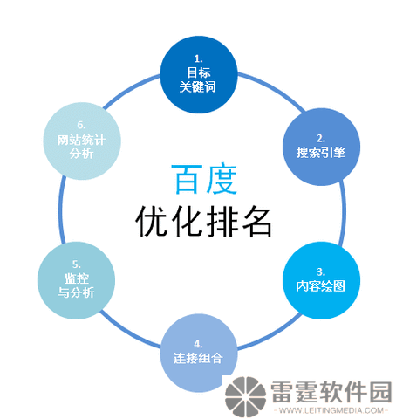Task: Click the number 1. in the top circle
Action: tap(198, 59)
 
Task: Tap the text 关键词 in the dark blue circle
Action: tap(198, 86)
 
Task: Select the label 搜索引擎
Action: tap(321, 153)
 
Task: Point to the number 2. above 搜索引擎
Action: tap(321, 139)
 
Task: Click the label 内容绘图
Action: tap(320, 286)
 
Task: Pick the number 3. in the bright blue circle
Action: tap(321, 272)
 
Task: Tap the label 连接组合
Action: tap(198, 358)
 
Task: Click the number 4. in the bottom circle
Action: tap(198, 344)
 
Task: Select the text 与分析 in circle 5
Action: tap(76, 292)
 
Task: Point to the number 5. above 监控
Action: tap(77, 264)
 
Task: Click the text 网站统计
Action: tap(81, 140)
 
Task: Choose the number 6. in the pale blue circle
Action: tap(81, 125)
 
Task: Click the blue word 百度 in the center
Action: tap(204, 179)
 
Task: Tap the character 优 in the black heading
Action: tap(153, 221)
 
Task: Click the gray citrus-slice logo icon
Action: tap(246, 397)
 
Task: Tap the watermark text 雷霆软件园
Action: tap(331, 392)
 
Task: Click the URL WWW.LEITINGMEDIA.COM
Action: tap(331, 410)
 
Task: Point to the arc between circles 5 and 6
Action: tap(61, 210)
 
